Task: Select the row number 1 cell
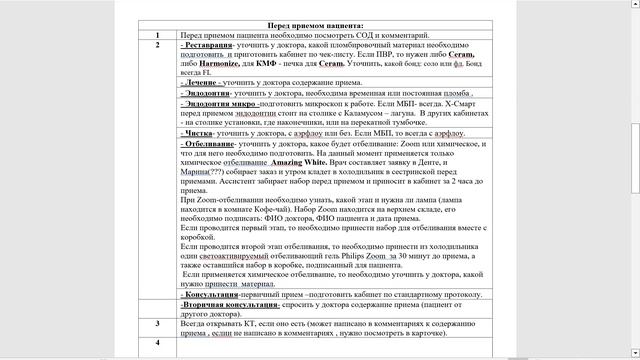158,36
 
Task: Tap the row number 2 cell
158,46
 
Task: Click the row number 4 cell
158,343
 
